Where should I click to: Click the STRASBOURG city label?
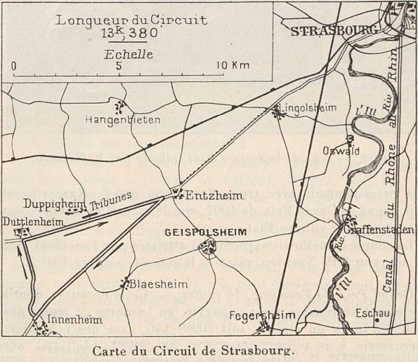[x=334, y=31]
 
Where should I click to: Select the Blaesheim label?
[x=150, y=284]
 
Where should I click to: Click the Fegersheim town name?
[x=258, y=316]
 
